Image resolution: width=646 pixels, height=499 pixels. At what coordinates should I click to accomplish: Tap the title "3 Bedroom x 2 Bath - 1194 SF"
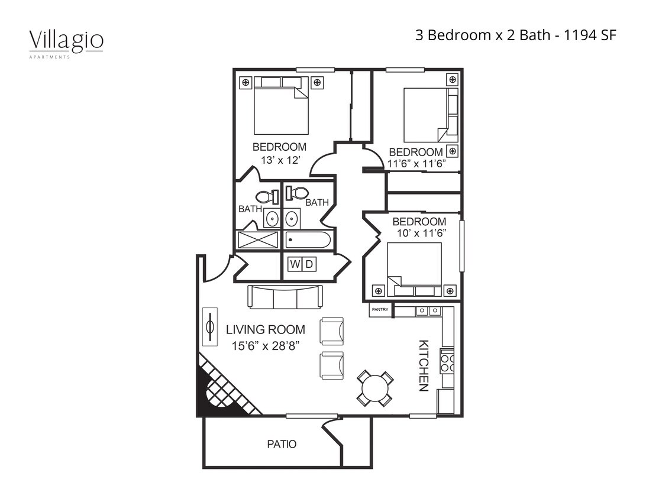pos(516,35)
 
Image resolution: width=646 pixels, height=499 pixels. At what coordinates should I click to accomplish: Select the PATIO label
pos(282,444)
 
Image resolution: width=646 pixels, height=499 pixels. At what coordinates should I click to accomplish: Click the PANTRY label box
pos(380,309)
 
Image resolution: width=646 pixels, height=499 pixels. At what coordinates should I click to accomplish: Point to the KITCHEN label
pos(424,365)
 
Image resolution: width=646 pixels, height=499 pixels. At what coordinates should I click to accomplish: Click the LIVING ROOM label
pos(266,330)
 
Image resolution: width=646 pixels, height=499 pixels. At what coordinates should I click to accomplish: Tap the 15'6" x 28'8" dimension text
pos(266,346)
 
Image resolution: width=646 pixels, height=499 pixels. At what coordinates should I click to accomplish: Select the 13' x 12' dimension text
pos(280,160)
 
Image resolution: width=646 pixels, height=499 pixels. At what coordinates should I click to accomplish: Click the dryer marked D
pos(309,264)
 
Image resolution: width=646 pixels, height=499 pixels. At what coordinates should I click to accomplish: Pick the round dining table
pos(375,388)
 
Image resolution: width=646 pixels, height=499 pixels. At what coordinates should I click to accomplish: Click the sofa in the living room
pos(285,297)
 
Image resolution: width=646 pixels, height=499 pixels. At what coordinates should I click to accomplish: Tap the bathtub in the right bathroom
pos(308,239)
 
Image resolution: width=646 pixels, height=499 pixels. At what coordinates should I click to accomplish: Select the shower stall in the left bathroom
pos(258,239)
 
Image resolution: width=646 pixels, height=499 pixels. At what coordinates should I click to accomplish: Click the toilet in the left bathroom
pos(266,197)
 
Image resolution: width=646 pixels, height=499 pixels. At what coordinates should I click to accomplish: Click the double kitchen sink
pos(428,311)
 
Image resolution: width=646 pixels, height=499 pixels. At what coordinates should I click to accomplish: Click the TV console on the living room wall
pos(209,327)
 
